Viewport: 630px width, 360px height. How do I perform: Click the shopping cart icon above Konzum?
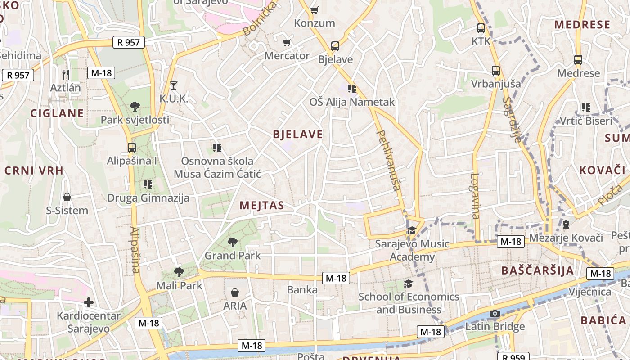(315, 9)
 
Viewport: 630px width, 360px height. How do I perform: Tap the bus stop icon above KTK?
(481, 28)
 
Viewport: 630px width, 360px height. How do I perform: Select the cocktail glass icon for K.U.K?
(174, 85)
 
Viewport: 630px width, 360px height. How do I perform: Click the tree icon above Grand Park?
(233, 243)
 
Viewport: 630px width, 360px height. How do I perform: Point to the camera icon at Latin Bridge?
(495, 313)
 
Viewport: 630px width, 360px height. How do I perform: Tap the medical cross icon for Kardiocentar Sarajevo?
(89, 302)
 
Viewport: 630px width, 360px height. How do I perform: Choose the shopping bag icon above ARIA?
(235, 293)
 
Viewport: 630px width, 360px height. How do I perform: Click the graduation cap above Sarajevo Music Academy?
(411, 231)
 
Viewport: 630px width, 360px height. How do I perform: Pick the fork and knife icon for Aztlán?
(66, 74)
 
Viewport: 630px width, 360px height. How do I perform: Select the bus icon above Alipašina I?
(131, 147)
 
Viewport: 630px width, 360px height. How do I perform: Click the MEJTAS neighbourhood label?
(262, 206)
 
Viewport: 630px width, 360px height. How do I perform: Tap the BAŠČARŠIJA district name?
(537, 270)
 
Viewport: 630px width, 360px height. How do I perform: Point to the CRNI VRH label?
(34, 171)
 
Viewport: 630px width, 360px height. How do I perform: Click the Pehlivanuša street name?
(388, 160)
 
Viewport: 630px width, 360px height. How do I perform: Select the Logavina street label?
(475, 196)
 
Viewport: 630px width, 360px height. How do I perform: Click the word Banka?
(302, 290)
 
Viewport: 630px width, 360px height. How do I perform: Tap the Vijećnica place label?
(589, 292)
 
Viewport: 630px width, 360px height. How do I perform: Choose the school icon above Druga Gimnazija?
(148, 184)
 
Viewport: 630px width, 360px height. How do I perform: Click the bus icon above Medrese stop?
(578, 59)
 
